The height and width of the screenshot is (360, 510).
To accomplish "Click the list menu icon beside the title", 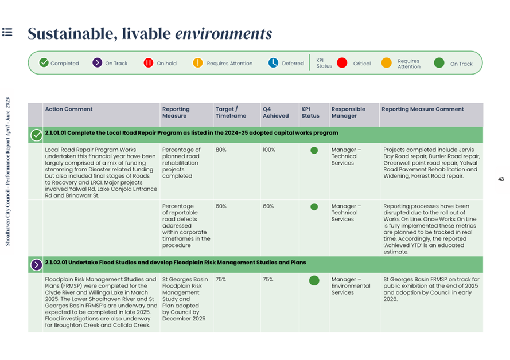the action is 7,32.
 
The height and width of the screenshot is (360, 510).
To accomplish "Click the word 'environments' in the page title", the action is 224,33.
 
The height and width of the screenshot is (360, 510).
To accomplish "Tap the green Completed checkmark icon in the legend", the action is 44,62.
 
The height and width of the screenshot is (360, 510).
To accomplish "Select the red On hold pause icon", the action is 149,62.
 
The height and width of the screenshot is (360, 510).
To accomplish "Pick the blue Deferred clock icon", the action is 273,62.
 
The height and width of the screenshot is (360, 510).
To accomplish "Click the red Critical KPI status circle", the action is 342,62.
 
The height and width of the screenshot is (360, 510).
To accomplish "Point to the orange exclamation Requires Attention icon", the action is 198,62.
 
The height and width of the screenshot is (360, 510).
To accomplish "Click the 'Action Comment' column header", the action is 69,109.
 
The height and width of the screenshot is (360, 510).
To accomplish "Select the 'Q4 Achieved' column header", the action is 276,112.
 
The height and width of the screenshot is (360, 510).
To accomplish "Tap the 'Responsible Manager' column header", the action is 348,112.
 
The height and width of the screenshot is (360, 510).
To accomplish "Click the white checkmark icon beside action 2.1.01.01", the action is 37,135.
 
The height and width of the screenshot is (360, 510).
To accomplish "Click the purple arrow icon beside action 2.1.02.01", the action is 37,265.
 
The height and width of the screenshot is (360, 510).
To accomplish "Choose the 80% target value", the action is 221,150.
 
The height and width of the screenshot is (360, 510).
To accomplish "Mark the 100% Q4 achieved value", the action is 269,150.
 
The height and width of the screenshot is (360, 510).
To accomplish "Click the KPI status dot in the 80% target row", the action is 314,150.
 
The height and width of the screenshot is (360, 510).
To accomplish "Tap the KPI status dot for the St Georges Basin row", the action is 314,280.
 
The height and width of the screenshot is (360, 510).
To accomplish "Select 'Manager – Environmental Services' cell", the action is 351,286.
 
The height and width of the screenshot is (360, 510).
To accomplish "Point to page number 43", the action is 501,179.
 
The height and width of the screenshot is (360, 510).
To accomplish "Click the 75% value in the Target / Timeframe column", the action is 220,279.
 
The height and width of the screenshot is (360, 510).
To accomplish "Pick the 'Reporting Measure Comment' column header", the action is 422,109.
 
